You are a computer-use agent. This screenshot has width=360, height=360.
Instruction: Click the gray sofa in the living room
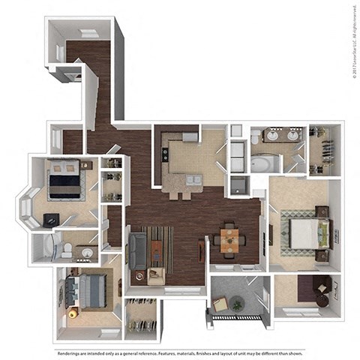138,250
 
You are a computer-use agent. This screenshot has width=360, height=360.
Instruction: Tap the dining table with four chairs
228,241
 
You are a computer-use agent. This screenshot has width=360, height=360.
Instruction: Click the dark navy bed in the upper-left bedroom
65,181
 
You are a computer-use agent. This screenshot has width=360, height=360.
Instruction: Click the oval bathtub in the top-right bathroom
267,163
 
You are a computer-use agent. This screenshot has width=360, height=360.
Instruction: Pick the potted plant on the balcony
237,304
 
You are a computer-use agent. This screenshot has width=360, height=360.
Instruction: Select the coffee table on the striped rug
157,248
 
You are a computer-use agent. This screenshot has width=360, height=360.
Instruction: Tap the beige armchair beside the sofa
156,275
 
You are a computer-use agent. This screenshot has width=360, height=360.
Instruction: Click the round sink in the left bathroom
88,252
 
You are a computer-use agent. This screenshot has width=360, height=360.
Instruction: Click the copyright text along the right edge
353,41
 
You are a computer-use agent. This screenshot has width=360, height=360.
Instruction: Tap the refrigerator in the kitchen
190,137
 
